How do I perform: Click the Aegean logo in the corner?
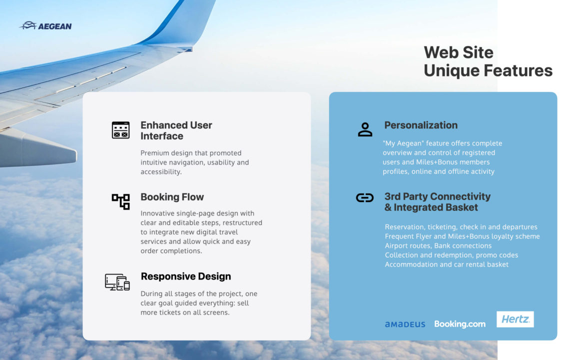pos(45,25)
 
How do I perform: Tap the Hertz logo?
pos(515,319)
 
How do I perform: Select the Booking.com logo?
pos(460,324)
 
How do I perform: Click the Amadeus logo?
pos(405,324)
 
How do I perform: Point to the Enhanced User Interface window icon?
pos(120,130)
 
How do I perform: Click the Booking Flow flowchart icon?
pos(121,201)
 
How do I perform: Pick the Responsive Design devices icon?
pos(117,282)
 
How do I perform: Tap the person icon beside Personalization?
pos(365,130)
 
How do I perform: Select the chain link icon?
pos(365,198)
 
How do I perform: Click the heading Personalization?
pos(421,125)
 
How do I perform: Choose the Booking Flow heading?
pos(172,196)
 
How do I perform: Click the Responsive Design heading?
pos(186,276)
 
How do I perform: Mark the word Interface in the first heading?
pos(162,136)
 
